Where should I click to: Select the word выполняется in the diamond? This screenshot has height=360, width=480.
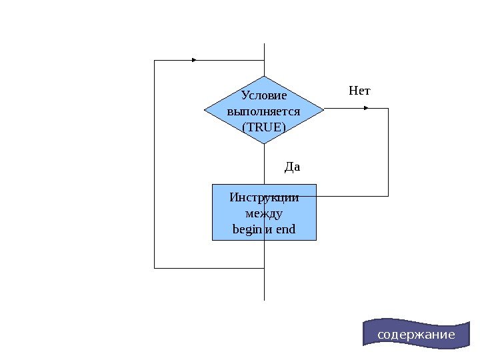(x=263, y=111)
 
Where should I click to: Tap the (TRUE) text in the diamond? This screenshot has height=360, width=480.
(x=263, y=126)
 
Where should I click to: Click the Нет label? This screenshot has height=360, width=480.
(x=359, y=90)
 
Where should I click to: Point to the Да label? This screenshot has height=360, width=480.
(x=293, y=166)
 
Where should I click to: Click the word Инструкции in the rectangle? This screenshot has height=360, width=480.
(x=264, y=198)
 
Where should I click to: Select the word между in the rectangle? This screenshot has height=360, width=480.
(x=264, y=214)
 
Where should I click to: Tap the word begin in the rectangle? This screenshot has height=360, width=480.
(x=247, y=230)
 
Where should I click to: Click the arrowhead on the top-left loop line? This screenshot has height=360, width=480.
(x=194, y=60)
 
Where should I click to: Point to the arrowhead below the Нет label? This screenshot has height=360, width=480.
(x=366, y=109)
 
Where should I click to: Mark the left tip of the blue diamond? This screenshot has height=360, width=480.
(x=204, y=110)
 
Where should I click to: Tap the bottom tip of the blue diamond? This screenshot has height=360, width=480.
(x=264, y=143)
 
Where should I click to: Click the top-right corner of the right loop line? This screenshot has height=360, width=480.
(x=388, y=109)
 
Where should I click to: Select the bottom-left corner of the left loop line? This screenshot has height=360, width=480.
(x=155, y=268)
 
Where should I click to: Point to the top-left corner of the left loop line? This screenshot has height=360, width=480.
(x=155, y=60)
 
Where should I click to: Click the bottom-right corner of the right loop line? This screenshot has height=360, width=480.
(x=388, y=196)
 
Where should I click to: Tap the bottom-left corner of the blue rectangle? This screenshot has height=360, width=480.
(x=213, y=239)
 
